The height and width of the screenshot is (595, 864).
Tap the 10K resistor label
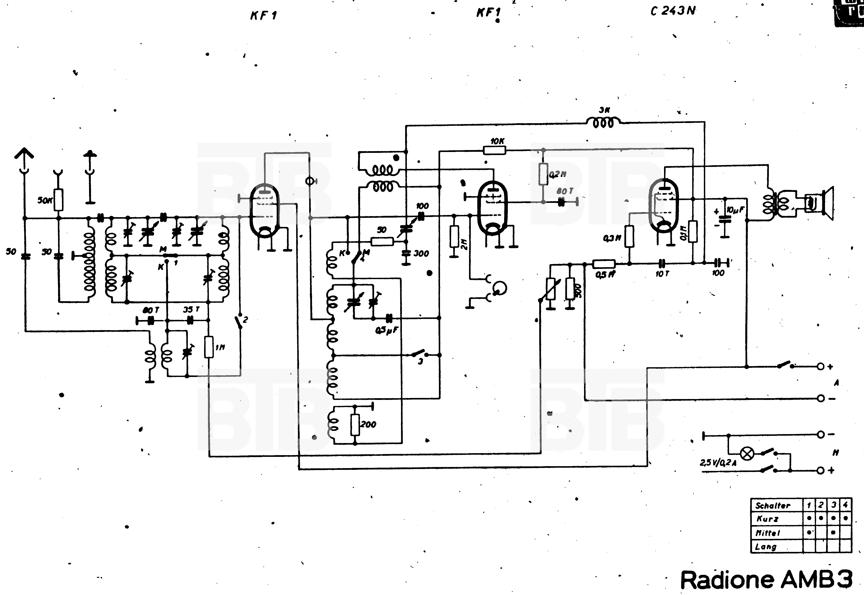pos(497,141)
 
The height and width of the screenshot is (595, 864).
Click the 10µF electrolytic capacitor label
pos(735,210)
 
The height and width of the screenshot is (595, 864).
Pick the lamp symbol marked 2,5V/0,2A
pos(747,453)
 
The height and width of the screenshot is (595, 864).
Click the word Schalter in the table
pos(773,506)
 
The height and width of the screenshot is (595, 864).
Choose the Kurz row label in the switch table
pos(767,519)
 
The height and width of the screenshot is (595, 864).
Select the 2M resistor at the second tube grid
pos(454,236)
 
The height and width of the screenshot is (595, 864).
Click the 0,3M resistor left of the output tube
pos(629,236)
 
